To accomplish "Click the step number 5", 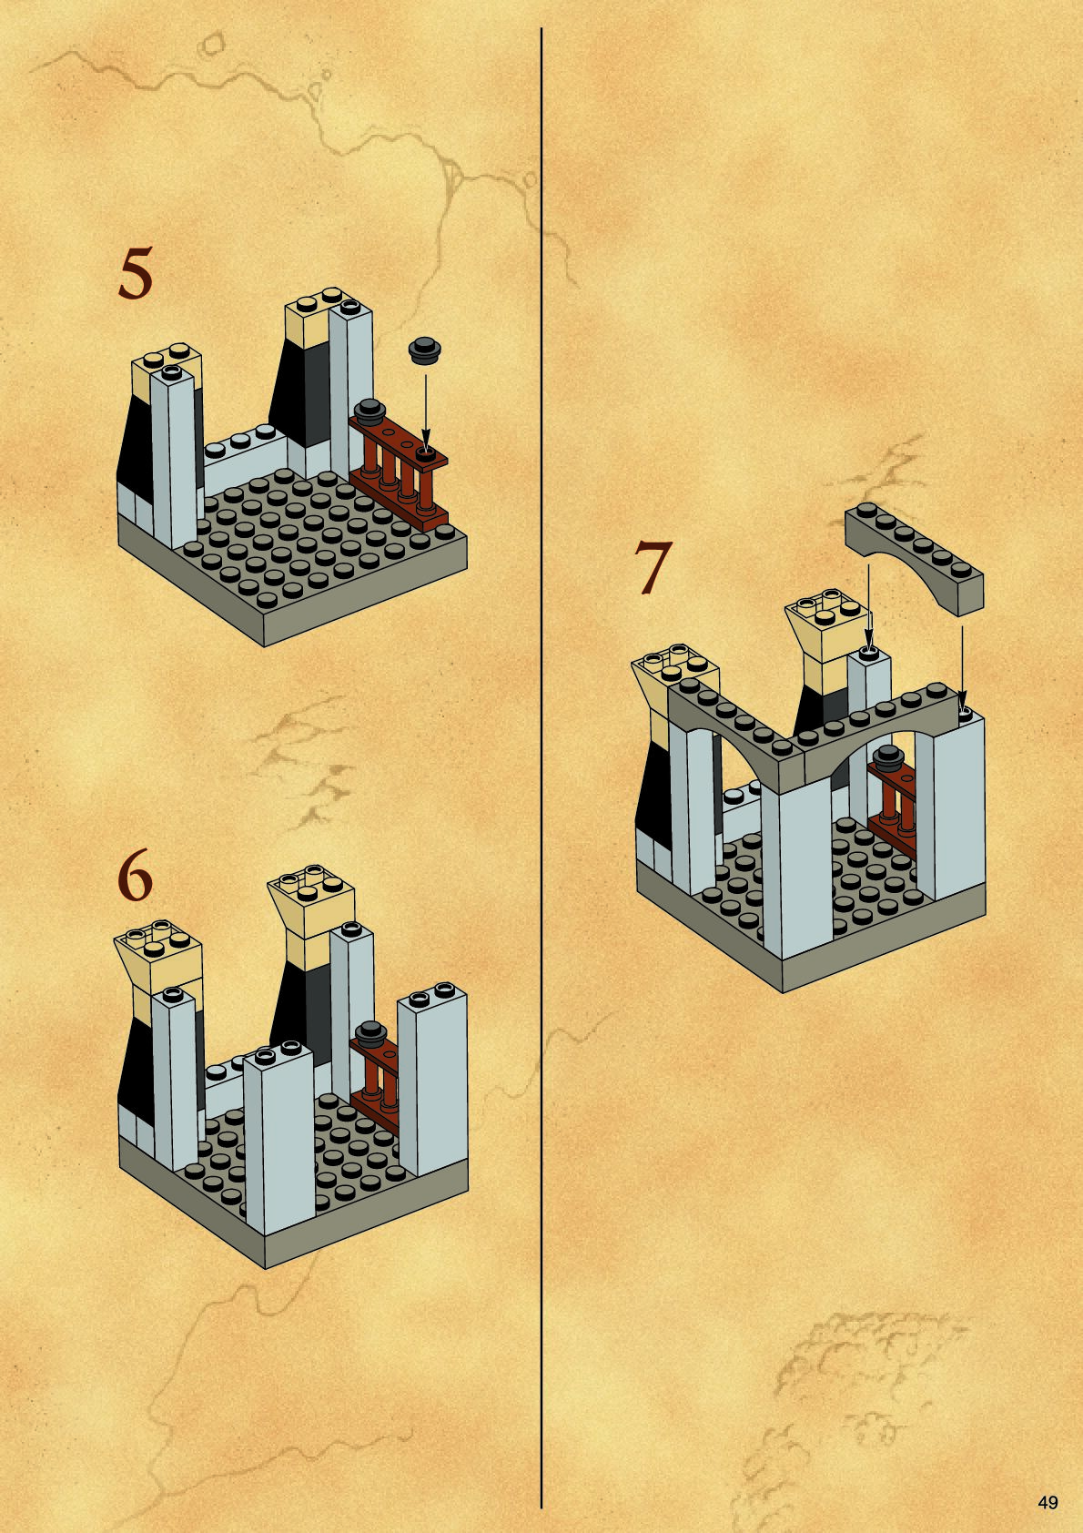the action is coord(136,273).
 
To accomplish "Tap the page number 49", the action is coord(1048,1502).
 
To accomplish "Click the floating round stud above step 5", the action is coord(425,350).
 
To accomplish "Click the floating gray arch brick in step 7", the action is coord(914,558).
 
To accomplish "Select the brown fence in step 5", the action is coord(399,472).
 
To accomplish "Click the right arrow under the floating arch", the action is coord(962,668).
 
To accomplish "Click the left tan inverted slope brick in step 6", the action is coord(157,952).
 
